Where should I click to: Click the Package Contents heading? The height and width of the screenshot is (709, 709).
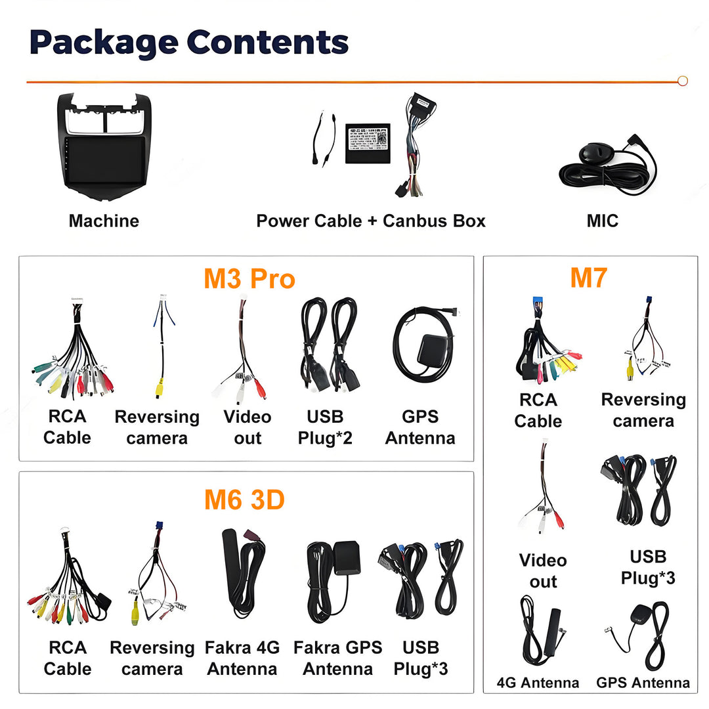(189, 43)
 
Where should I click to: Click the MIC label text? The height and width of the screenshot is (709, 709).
(602, 221)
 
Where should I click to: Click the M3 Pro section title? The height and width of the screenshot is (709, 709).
(249, 278)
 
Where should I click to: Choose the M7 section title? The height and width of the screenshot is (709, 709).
(588, 278)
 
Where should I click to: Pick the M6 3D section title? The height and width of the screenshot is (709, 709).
(244, 500)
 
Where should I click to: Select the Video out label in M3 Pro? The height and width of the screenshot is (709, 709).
(247, 427)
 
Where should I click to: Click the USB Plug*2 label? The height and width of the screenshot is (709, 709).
(325, 427)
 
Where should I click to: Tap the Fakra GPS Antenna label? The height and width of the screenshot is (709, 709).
(337, 658)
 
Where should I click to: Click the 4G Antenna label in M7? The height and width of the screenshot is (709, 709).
(538, 683)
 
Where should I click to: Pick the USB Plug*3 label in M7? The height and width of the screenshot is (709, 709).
(648, 567)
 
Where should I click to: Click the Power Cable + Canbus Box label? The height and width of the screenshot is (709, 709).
(371, 221)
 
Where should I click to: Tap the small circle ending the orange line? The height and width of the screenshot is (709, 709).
(682, 81)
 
